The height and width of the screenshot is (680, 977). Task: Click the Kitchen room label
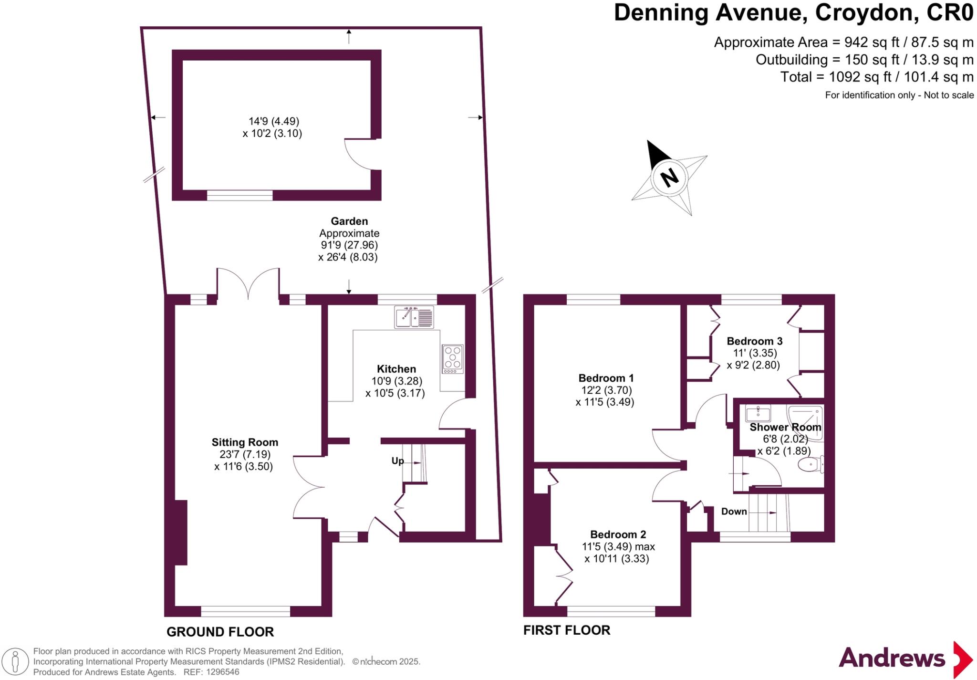396,369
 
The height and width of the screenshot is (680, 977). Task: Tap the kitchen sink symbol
414,317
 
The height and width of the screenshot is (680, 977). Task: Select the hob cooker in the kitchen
452,358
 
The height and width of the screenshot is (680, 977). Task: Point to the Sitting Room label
245,442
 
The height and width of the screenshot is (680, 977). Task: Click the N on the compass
669,178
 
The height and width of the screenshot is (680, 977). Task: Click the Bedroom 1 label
606,378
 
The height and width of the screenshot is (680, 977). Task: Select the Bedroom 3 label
754,341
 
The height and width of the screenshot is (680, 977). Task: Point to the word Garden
349,221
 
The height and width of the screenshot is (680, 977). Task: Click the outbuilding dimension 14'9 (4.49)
273,121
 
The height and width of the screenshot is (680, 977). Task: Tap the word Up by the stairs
397,460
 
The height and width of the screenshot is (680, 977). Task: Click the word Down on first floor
734,511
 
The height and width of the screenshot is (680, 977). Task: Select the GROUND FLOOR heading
220,632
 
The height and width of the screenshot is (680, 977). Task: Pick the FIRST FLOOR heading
566,630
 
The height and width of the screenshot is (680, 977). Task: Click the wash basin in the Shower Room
758,413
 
